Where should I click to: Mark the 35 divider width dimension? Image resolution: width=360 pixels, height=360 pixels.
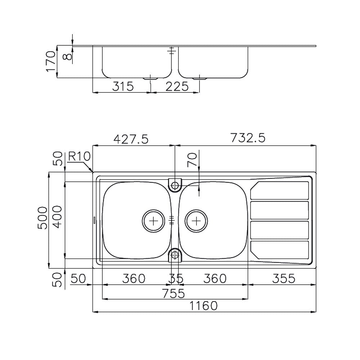click(x=175, y=279)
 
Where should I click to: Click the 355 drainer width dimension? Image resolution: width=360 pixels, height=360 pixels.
click(x=282, y=278)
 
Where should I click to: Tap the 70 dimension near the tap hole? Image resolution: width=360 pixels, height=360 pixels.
click(x=193, y=159)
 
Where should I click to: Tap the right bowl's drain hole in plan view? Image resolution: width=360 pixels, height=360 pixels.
click(x=196, y=220)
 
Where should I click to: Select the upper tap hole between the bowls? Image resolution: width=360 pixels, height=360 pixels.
click(x=175, y=186)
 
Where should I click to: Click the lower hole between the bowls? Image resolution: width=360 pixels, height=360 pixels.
click(x=175, y=255)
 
